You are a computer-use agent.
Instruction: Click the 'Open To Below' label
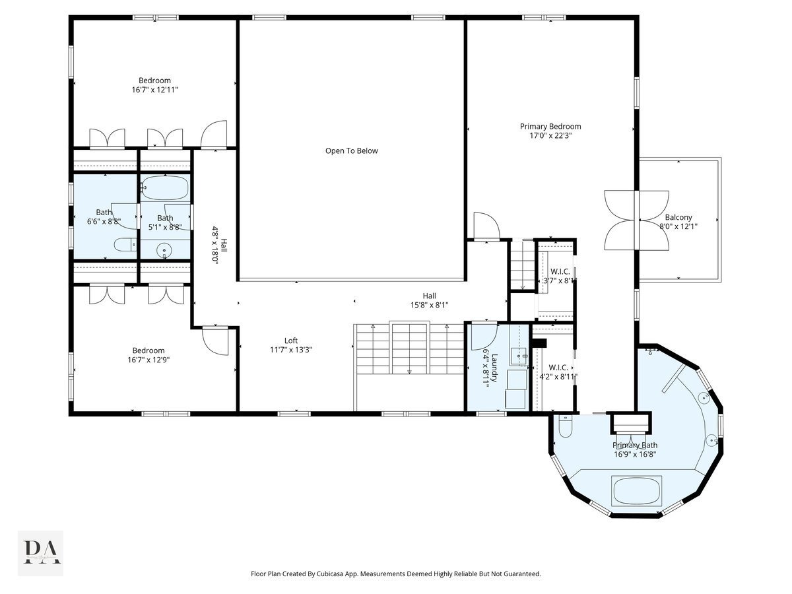click(351, 150)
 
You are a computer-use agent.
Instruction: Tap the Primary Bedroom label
click(550, 126)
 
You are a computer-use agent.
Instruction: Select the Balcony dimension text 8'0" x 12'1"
click(678, 226)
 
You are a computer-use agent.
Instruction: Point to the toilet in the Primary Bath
click(564, 428)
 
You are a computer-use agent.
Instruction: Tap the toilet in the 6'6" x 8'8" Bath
click(124, 246)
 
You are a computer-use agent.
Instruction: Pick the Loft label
click(291, 341)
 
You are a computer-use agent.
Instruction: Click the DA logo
click(41, 552)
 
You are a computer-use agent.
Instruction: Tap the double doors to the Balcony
click(636, 220)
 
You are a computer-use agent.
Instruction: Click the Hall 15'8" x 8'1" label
click(430, 300)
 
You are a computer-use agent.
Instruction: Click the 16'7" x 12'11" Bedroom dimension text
click(154, 90)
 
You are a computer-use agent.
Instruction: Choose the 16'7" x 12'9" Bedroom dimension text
click(148, 360)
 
